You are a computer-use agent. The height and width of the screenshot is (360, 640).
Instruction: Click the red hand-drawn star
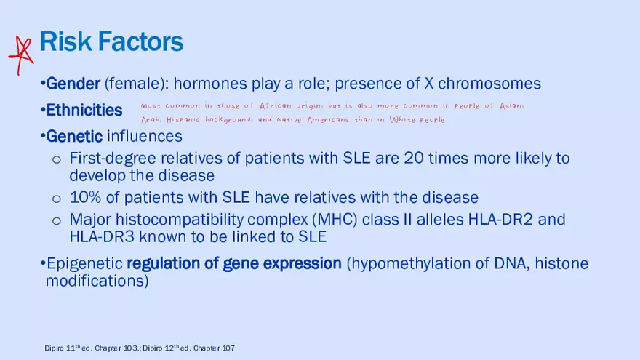point(21,55)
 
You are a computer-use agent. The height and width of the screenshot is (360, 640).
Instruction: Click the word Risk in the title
point(65,41)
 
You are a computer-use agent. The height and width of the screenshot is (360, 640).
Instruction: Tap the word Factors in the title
point(140,41)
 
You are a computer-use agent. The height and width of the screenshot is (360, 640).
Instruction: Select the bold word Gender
point(73,84)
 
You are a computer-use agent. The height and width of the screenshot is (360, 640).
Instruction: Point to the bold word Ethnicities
point(84,111)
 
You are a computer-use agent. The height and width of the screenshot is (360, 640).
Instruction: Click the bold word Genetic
point(74,136)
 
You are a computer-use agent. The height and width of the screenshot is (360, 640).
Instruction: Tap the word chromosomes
point(489,84)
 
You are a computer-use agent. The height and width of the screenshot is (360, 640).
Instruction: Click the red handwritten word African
point(276,106)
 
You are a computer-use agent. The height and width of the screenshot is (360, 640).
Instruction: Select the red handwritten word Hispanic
point(183,120)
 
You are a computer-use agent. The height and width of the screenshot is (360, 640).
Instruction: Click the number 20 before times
point(414,158)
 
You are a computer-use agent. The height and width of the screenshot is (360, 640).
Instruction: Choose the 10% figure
point(85,198)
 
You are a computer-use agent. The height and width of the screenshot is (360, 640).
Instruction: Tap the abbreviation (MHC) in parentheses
point(335,220)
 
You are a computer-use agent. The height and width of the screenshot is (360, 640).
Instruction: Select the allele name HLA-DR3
point(102,237)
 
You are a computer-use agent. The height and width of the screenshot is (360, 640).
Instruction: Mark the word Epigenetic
point(84,264)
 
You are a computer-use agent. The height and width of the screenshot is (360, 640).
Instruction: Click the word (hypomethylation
point(415,264)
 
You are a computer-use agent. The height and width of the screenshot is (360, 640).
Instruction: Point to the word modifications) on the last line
point(97,281)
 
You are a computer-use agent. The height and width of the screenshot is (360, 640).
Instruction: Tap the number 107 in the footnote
point(228,348)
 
